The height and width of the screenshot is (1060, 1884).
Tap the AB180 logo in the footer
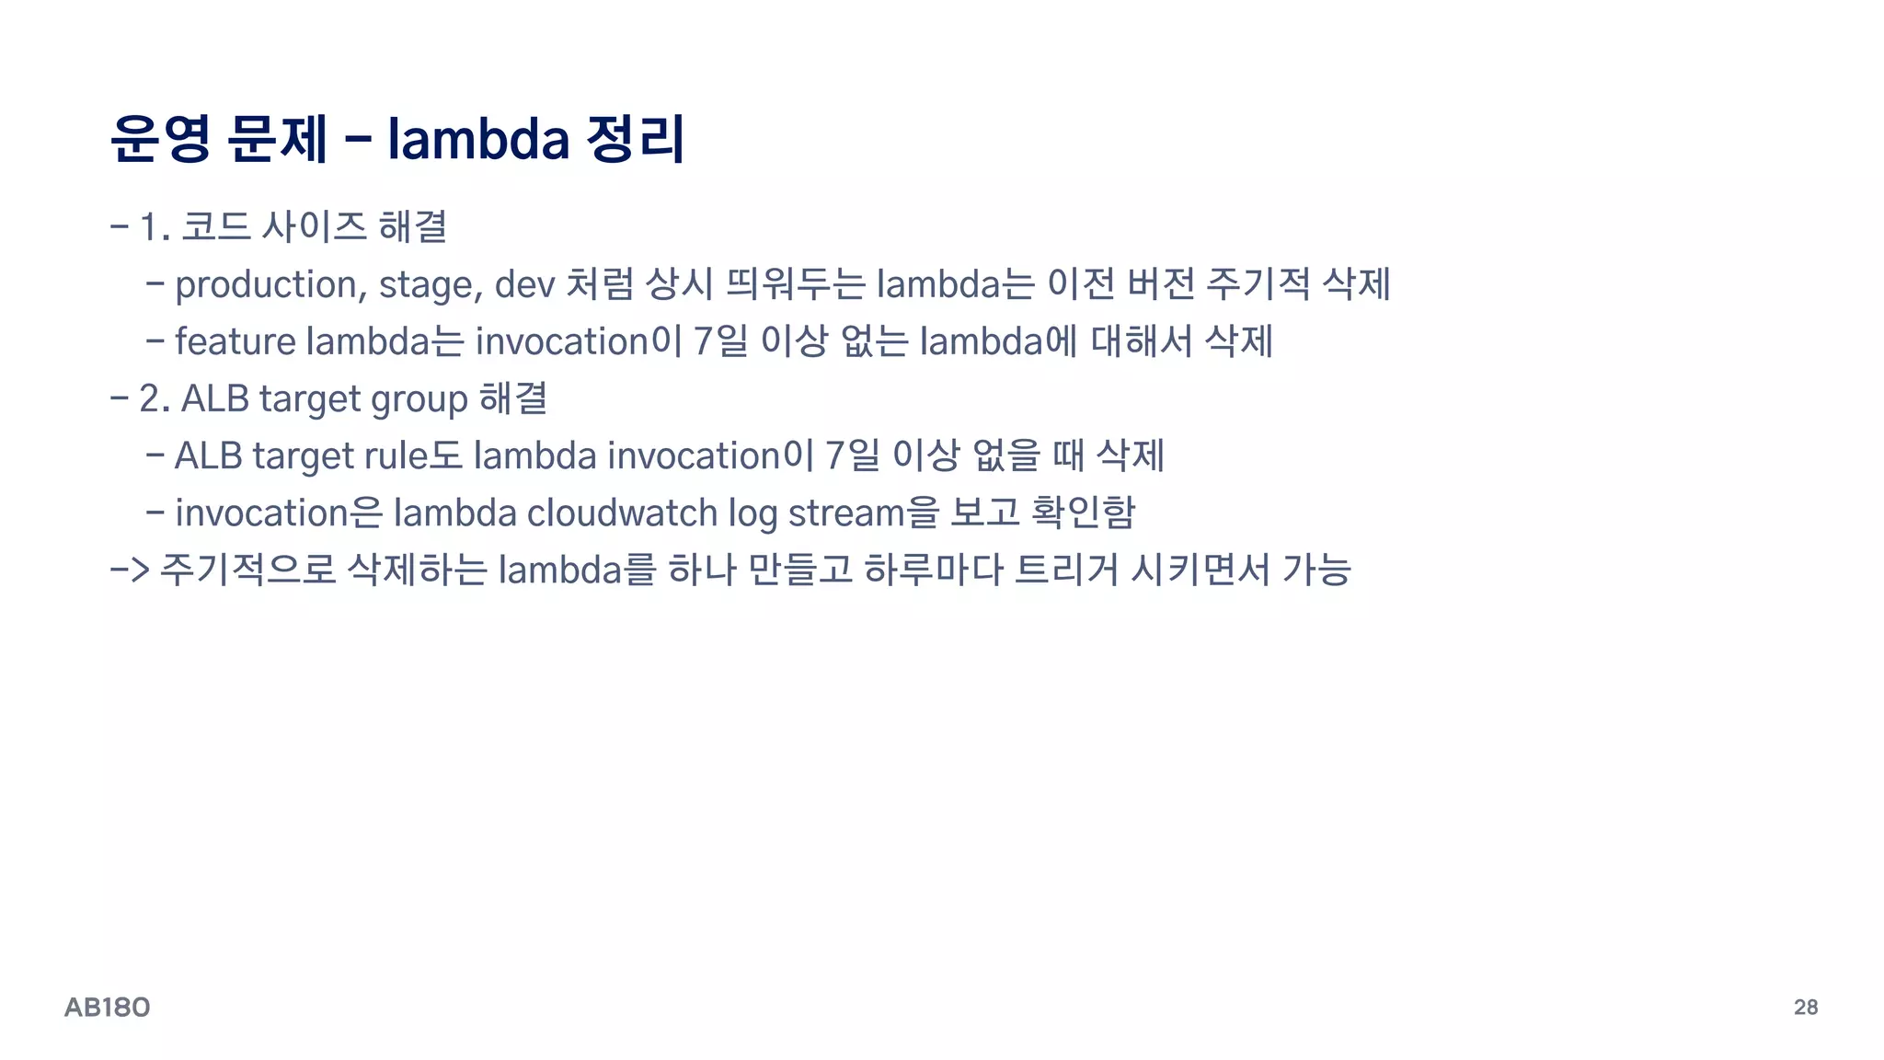pyautogui.click(x=107, y=1008)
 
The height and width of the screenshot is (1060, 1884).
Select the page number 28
pyautogui.click(x=1805, y=1007)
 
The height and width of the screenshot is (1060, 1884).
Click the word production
pyautogui.click(x=266, y=285)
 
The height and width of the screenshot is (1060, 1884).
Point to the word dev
pyautogui.click(x=524, y=284)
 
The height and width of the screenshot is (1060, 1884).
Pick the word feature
pyautogui.click(x=235, y=341)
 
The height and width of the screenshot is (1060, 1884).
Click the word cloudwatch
pyautogui.click(x=621, y=513)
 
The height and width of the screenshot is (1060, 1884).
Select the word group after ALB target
pyautogui.click(x=419, y=400)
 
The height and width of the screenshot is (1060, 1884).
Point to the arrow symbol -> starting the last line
pyautogui.click(x=129, y=570)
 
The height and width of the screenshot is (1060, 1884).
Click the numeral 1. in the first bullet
pyautogui.click(x=155, y=227)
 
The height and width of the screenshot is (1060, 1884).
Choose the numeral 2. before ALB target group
pyautogui.click(x=155, y=399)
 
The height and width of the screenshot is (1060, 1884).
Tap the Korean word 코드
pyautogui.click(x=216, y=226)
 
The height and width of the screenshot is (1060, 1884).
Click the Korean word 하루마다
pyautogui.click(x=933, y=570)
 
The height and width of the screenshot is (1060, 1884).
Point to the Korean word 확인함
pyautogui.click(x=1083, y=512)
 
